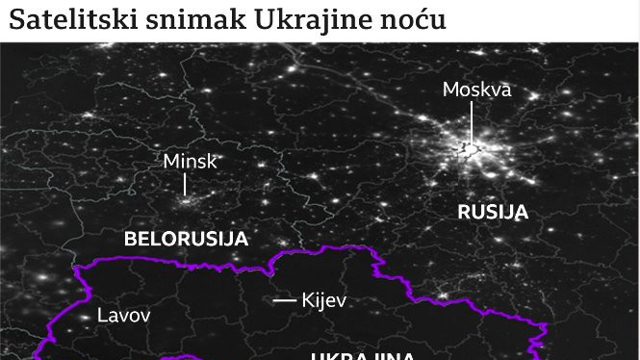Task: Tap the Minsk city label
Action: click(x=191, y=161)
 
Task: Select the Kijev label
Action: click(x=323, y=300)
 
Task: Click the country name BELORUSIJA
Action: click(x=187, y=239)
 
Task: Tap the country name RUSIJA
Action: click(x=493, y=212)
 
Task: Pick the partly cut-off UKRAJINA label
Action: click(x=362, y=355)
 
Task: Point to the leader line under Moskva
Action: click(x=472, y=123)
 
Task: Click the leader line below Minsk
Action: click(x=186, y=185)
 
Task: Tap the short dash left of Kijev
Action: click(x=284, y=300)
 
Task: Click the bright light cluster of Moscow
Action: click(x=470, y=149)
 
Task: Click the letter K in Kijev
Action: click(x=307, y=300)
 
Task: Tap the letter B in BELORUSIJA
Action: click(x=130, y=239)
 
